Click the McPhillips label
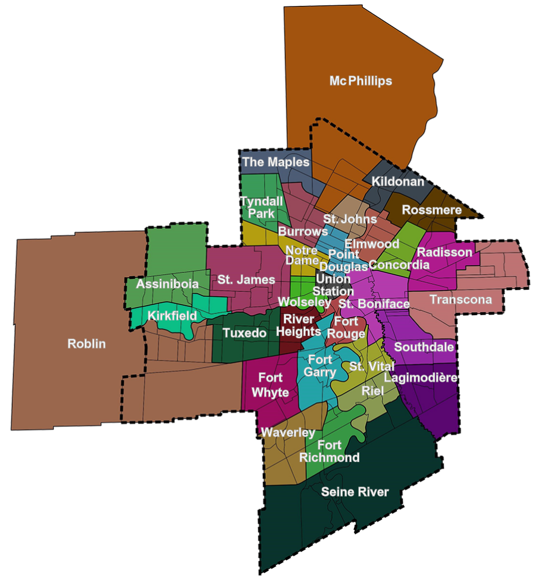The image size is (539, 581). [361, 81]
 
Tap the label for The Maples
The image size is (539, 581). [275, 162]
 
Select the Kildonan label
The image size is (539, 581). [398, 182]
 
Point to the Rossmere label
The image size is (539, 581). [431, 210]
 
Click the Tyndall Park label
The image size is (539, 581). [261, 207]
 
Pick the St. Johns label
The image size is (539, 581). [350, 219]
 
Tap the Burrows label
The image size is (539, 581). [303, 231]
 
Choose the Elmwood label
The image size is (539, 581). [372, 244]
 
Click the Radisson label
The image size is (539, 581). [444, 252]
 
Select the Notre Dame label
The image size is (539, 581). [302, 255]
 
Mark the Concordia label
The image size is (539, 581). [399, 265]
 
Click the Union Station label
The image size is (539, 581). [333, 285]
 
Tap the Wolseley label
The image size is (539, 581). [304, 302]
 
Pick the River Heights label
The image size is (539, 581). [299, 325]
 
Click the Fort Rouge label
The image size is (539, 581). [346, 328]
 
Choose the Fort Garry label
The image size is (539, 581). [320, 366]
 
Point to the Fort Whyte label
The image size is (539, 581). [270, 385]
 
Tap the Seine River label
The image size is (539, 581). [355, 492]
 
